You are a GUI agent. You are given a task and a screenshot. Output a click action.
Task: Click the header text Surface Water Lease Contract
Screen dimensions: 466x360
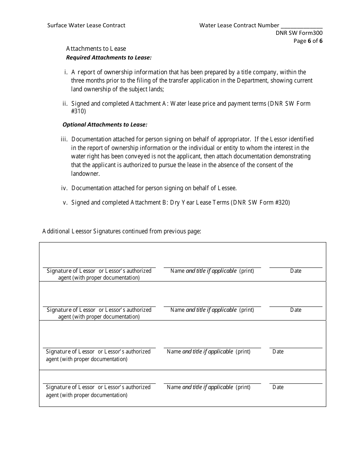[x=86, y=25]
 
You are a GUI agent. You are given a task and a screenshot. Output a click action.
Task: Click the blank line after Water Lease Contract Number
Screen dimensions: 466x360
[x=302, y=26]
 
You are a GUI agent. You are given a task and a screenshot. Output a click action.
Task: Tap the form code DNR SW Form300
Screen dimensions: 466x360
[x=299, y=33]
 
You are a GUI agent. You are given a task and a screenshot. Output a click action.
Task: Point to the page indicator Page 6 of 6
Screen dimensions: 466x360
[x=308, y=41]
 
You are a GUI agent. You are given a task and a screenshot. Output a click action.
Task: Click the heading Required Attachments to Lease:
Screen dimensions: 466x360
[x=109, y=58]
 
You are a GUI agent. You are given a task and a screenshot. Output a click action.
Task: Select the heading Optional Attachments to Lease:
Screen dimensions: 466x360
[x=105, y=124]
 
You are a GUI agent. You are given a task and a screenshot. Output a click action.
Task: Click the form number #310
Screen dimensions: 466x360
[x=78, y=111]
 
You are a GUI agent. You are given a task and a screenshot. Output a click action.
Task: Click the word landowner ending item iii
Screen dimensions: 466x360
[x=85, y=174]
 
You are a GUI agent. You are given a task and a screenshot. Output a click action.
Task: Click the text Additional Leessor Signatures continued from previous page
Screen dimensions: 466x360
[x=122, y=231]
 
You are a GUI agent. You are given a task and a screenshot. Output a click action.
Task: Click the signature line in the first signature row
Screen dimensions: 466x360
[x=99, y=267]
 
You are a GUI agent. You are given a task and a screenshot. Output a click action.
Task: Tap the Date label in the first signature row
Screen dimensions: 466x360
[x=296, y=271]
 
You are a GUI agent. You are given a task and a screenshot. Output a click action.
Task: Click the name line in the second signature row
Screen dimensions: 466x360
[x=212, y=306]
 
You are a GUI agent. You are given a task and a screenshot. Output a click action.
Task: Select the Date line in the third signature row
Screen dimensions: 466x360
[x=296, y=347]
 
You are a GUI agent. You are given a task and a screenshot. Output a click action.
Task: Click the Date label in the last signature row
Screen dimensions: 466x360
[x=278, y=387]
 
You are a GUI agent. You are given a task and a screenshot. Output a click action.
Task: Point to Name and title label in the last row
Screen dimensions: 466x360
[x=208, y=387]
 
